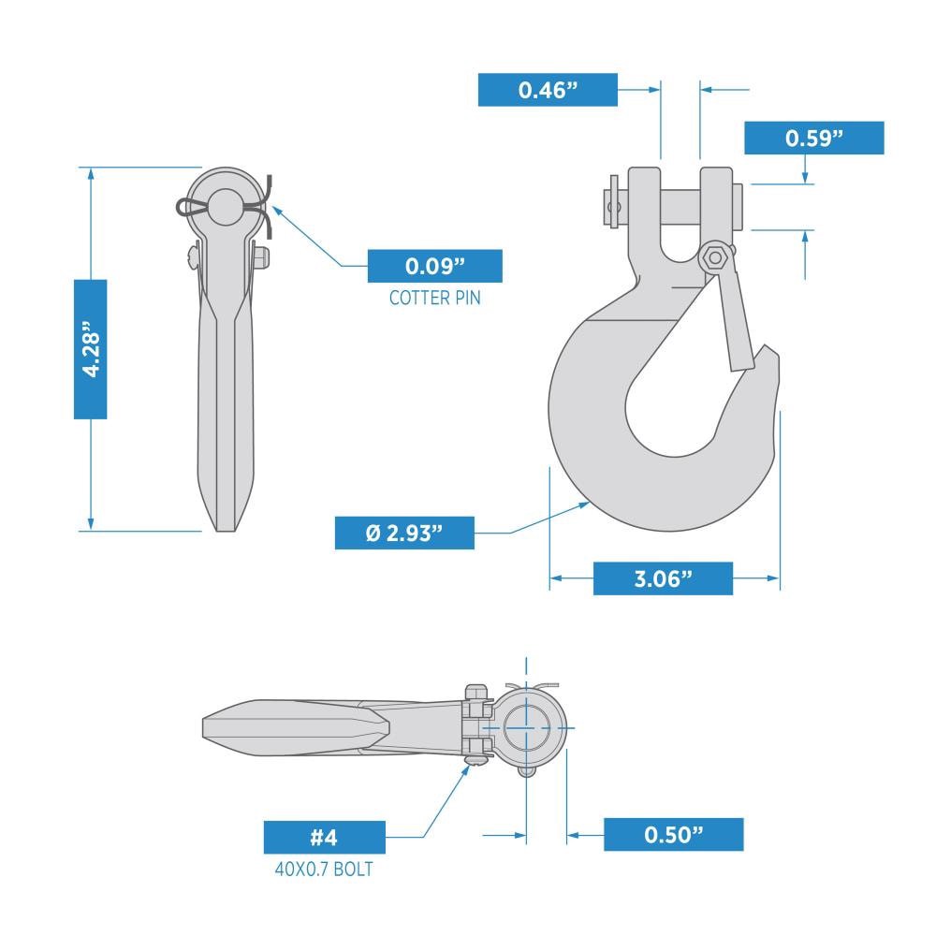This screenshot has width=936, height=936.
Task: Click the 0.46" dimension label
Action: coord(548,90)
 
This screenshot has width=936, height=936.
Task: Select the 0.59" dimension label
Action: coord(813,138)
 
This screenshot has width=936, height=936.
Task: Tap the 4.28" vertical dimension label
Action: coord(90,348)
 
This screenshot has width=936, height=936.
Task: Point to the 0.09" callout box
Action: coord(434,266)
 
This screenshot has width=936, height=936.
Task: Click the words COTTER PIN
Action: coord(434,299)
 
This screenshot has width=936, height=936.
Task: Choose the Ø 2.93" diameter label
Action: coord(404,533)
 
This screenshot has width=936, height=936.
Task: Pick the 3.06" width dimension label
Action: coord(663,578)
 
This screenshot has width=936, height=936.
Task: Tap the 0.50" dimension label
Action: coord(673,834)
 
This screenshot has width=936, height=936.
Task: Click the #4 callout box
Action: coord(324,837)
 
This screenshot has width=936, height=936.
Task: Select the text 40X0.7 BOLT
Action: coord(324,870)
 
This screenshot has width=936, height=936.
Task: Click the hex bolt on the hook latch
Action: coord(716,257)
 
